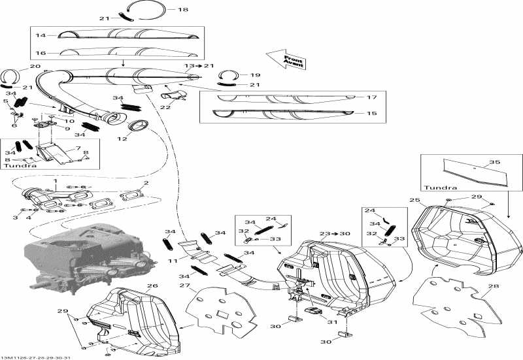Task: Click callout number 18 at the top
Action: (x=182, y=10)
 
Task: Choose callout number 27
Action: (x=184, y=285)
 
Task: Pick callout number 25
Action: (x=414, y=199)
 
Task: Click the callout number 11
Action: (x=173, y=261)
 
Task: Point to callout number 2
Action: (x=146, y=183)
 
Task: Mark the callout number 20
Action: (x=35, y=67)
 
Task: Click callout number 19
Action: (x=255, y=74)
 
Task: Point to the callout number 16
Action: (x=41, y=52)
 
